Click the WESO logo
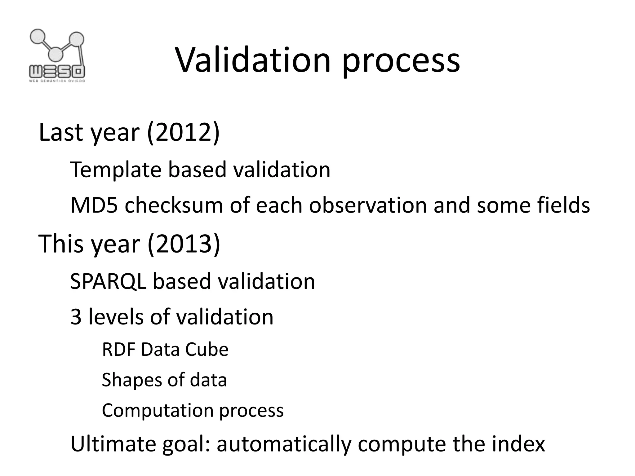click(x=57, y=56)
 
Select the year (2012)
click(x=183, y=133)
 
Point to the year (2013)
click(x=184, y=244)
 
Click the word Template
click(x=116, y=170)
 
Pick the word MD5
click(x=94, y=205)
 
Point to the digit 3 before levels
click(x=76, y=317)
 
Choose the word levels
click(x=116, y=317)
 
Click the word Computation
click(x=158, y=411)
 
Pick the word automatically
click(x=284, y=444)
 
